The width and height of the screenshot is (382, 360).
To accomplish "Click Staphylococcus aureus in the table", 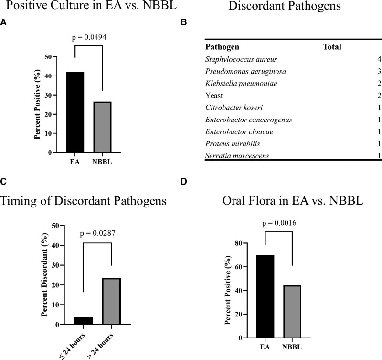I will coord(234,59).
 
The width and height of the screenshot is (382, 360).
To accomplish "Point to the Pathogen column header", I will coord(222,47).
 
